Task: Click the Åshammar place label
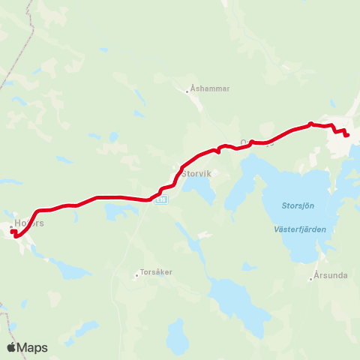pyautogui.click(x=211, y=88)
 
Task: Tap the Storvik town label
pyautogui.click(x=197, y=172)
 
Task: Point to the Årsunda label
pyautogui.click(x=330, y=275)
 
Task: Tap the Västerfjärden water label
pyautogui.click(x=301, y=229)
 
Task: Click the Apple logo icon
pyautogui.click(x=11, y=347)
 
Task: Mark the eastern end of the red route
pyautogui.click(x=348, y=135)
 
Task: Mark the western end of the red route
pyautogui.click(x=12, y=231)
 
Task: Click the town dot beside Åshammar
pyautogui.click(x=187, y=92)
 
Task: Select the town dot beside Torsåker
pyautogui.click(x=136, y=274)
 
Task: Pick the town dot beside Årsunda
pyautogui.click(x=310, y=279)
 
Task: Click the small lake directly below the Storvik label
pyautogui.click(x=198, y=190)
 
